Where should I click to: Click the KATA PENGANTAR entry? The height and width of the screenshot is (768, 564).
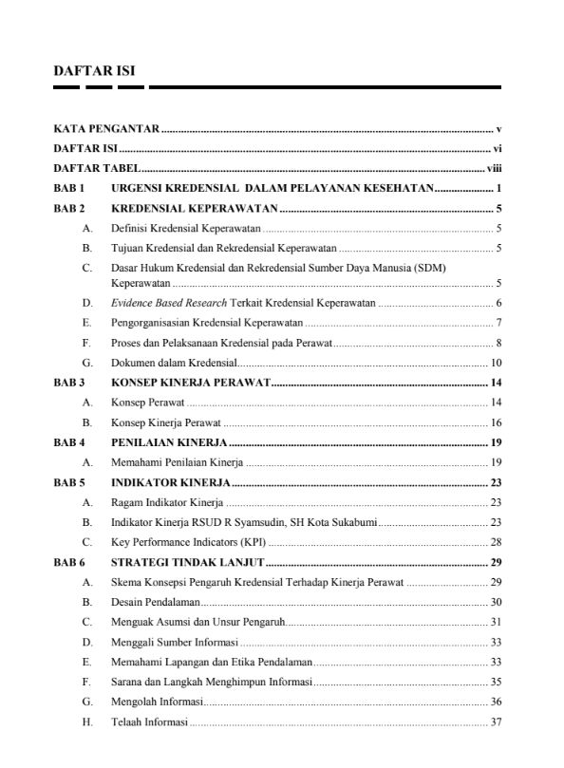(x=105, y=127)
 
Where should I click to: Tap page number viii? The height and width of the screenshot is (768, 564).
(x=494, y=168)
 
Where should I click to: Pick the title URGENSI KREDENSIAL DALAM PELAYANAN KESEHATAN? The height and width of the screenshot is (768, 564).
(x=272, y=188)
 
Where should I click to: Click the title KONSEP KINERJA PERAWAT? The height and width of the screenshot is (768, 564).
(x=191, y=383)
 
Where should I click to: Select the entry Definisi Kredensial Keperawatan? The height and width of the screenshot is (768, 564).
(x=185, y=228)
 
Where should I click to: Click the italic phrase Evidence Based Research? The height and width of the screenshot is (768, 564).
(x=169, y=303)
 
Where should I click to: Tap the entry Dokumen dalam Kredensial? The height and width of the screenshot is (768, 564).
(x=174, y=363)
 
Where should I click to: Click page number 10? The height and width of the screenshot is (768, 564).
(x=496, y=363)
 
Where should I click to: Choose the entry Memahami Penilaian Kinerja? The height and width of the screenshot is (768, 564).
(x=178, y=462)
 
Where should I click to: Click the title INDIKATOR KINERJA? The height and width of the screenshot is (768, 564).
(x=171, y=482)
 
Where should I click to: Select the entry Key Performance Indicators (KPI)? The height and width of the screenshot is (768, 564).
(x=189, y=542)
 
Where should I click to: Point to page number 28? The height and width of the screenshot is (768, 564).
(x=496, y=542)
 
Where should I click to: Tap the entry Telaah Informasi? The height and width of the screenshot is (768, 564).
(x=150, y=721)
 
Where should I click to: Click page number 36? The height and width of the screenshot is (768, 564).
(x=496, y=702)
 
